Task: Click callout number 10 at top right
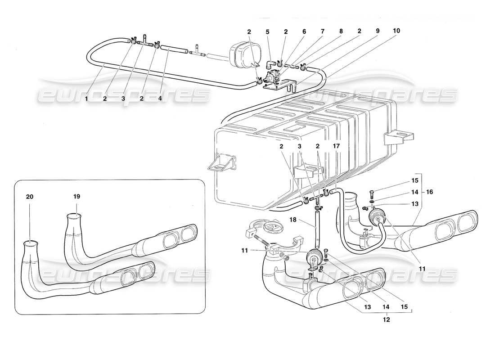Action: [x=396, y=31]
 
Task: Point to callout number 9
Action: [x=377, y=31]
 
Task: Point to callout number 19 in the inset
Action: [x=76, y=196]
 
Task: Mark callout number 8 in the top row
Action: [x=341, y=32]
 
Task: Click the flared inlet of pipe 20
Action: [x=31, y=245]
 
